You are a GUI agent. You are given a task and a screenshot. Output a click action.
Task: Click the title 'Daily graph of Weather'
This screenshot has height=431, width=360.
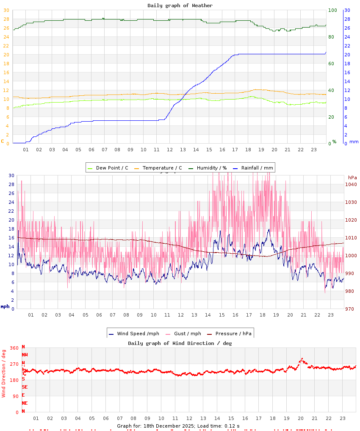pyautogui.click(x=180, y=6)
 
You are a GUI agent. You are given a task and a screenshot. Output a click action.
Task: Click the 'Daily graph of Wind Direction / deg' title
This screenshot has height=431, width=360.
pyautogui.click(x=180, y=343)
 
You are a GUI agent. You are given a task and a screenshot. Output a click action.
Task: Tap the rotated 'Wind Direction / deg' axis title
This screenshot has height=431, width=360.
pyautogui.click(x=4, y=373)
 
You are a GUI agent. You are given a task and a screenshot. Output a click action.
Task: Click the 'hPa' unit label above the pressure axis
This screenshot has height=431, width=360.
pyautogui.click(x=352, y=177)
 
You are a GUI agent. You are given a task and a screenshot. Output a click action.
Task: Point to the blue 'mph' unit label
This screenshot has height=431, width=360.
pyautogui.click(x=5, y=306)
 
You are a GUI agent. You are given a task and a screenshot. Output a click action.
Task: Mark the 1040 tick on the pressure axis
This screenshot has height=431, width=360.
pyautogui.click(x=351, y=184)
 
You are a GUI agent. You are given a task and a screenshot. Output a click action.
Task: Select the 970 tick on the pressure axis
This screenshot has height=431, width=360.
pyautogui.click(x=351, y=309)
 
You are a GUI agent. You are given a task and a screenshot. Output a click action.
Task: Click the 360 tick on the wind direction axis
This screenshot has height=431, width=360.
pyautogui.click(x=14, y=348)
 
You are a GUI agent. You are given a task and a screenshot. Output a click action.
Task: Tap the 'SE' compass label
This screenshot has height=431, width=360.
pyautogui.click(x=25, y=387)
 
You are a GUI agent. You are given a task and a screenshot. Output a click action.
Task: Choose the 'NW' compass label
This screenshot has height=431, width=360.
pyautogui.click(x=25, y=354)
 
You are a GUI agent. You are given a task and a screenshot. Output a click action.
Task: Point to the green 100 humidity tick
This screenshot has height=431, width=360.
pyautogui.click(x=332, y=10)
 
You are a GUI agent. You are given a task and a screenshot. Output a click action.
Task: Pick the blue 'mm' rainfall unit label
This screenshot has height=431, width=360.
pyautogui.click(x=354, y=142)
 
